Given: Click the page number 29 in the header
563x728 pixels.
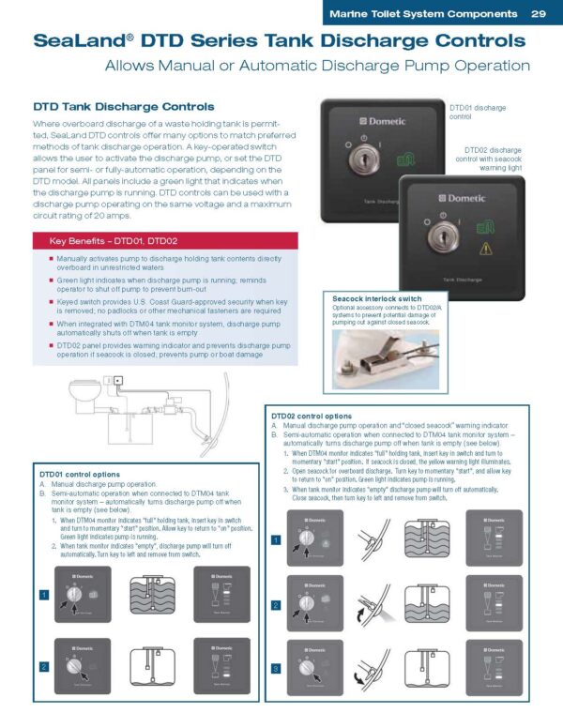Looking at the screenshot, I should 538,14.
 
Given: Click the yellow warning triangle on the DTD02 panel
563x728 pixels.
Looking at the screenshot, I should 486,249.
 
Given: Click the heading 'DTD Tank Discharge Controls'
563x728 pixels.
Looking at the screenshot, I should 124,107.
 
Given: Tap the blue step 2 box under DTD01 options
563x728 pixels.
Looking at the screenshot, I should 43,666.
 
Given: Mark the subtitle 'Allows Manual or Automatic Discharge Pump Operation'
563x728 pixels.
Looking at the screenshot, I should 317,66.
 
